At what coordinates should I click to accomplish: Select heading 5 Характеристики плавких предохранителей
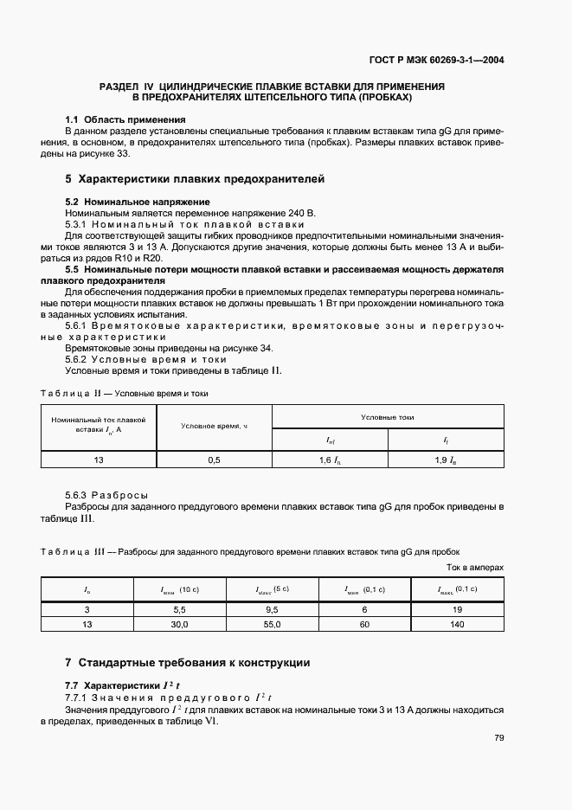(195, 180)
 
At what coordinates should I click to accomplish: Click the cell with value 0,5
(215, 460)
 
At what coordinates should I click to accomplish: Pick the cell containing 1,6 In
(330, 460)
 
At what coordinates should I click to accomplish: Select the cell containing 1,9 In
(446, 460)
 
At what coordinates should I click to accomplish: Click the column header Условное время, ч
(215, 426)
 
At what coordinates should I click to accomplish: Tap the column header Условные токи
(388, 417)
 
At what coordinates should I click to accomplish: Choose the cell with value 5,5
(180, 609)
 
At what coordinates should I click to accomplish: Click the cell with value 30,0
(180, 623)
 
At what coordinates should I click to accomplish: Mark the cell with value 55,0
(273, 623)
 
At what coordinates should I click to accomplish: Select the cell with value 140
(458, 623)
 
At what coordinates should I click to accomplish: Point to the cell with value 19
(458, 609)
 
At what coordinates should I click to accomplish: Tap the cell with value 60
(365, 623)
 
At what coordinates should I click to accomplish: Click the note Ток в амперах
(474, 568)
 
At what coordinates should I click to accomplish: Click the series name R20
(152, 258)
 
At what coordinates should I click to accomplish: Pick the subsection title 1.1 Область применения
(126, 119)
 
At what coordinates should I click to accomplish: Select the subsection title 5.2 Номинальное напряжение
(138, 201)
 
